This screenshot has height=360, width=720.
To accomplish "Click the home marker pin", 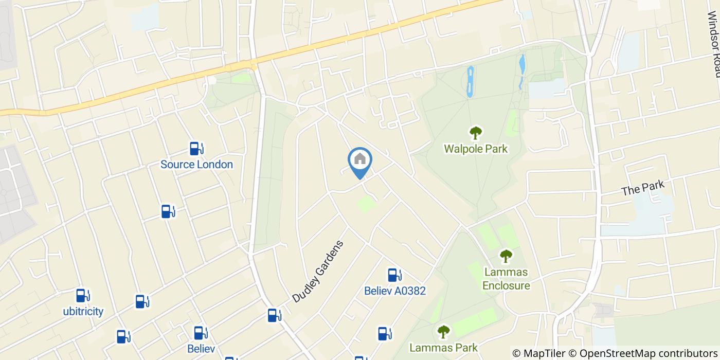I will click(x=360, y=160).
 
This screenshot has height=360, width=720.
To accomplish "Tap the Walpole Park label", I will click(x=476, y=149).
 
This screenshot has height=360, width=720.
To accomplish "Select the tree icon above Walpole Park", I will click(x=476, y=133).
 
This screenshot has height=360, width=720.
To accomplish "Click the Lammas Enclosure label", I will click(x=506, y=278).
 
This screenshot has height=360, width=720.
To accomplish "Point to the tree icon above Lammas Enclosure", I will click(x=506, y=256).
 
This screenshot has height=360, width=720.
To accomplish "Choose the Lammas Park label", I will click(x=443, y=348).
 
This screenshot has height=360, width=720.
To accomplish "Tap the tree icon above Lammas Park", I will click(x=443, y=332).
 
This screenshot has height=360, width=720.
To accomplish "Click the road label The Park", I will click(x=643, y=188).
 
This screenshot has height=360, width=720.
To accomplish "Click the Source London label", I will click(x=196, y=165).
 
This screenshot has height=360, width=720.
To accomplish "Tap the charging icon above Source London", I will click(x=196, y=149).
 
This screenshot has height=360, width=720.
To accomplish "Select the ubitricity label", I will click(x=83, y=311).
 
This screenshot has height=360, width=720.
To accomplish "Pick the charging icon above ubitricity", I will click(x=82, y=296).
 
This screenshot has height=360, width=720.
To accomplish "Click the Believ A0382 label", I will click(x=395, y=291).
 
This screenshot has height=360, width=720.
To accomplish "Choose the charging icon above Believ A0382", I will click(x=394, y=275).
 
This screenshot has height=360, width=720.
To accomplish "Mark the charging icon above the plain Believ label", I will click(x=200, y=333).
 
